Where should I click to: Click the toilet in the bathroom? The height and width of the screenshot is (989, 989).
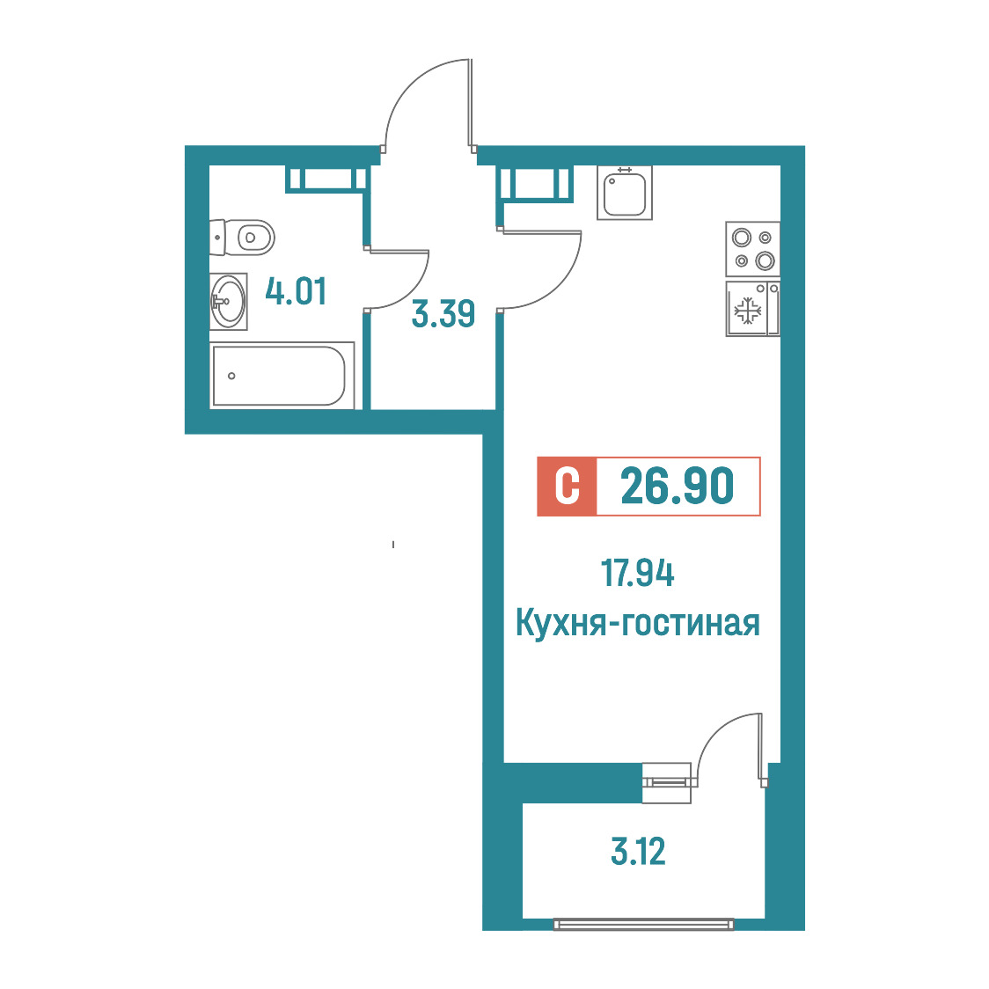[242, 238]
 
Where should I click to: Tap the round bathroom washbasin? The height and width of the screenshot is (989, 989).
[228, 302]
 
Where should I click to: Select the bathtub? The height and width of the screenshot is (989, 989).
[282, 376]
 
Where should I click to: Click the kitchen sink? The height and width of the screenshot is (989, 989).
[625, 193]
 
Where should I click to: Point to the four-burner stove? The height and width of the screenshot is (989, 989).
[753, 249]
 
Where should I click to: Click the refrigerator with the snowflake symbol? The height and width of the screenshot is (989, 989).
[753, 309]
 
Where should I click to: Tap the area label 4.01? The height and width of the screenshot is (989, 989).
[296, 291]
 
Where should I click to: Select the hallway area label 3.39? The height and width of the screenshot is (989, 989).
[443, 313]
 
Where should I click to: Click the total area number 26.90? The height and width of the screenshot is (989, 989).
[678, 487]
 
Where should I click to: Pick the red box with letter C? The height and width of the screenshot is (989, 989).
[567, 487]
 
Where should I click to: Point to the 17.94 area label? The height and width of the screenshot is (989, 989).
[637, 574]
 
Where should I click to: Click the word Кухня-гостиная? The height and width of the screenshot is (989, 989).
[638, 623]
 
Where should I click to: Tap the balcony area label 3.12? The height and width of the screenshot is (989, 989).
[638, 851]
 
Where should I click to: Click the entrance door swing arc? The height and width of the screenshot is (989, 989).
[407, 84]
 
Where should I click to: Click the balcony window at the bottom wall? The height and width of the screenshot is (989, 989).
[643, 924]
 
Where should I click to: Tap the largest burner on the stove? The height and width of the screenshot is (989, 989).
[766, 260]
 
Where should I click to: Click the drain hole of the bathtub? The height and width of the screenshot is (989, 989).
[231, 376]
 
